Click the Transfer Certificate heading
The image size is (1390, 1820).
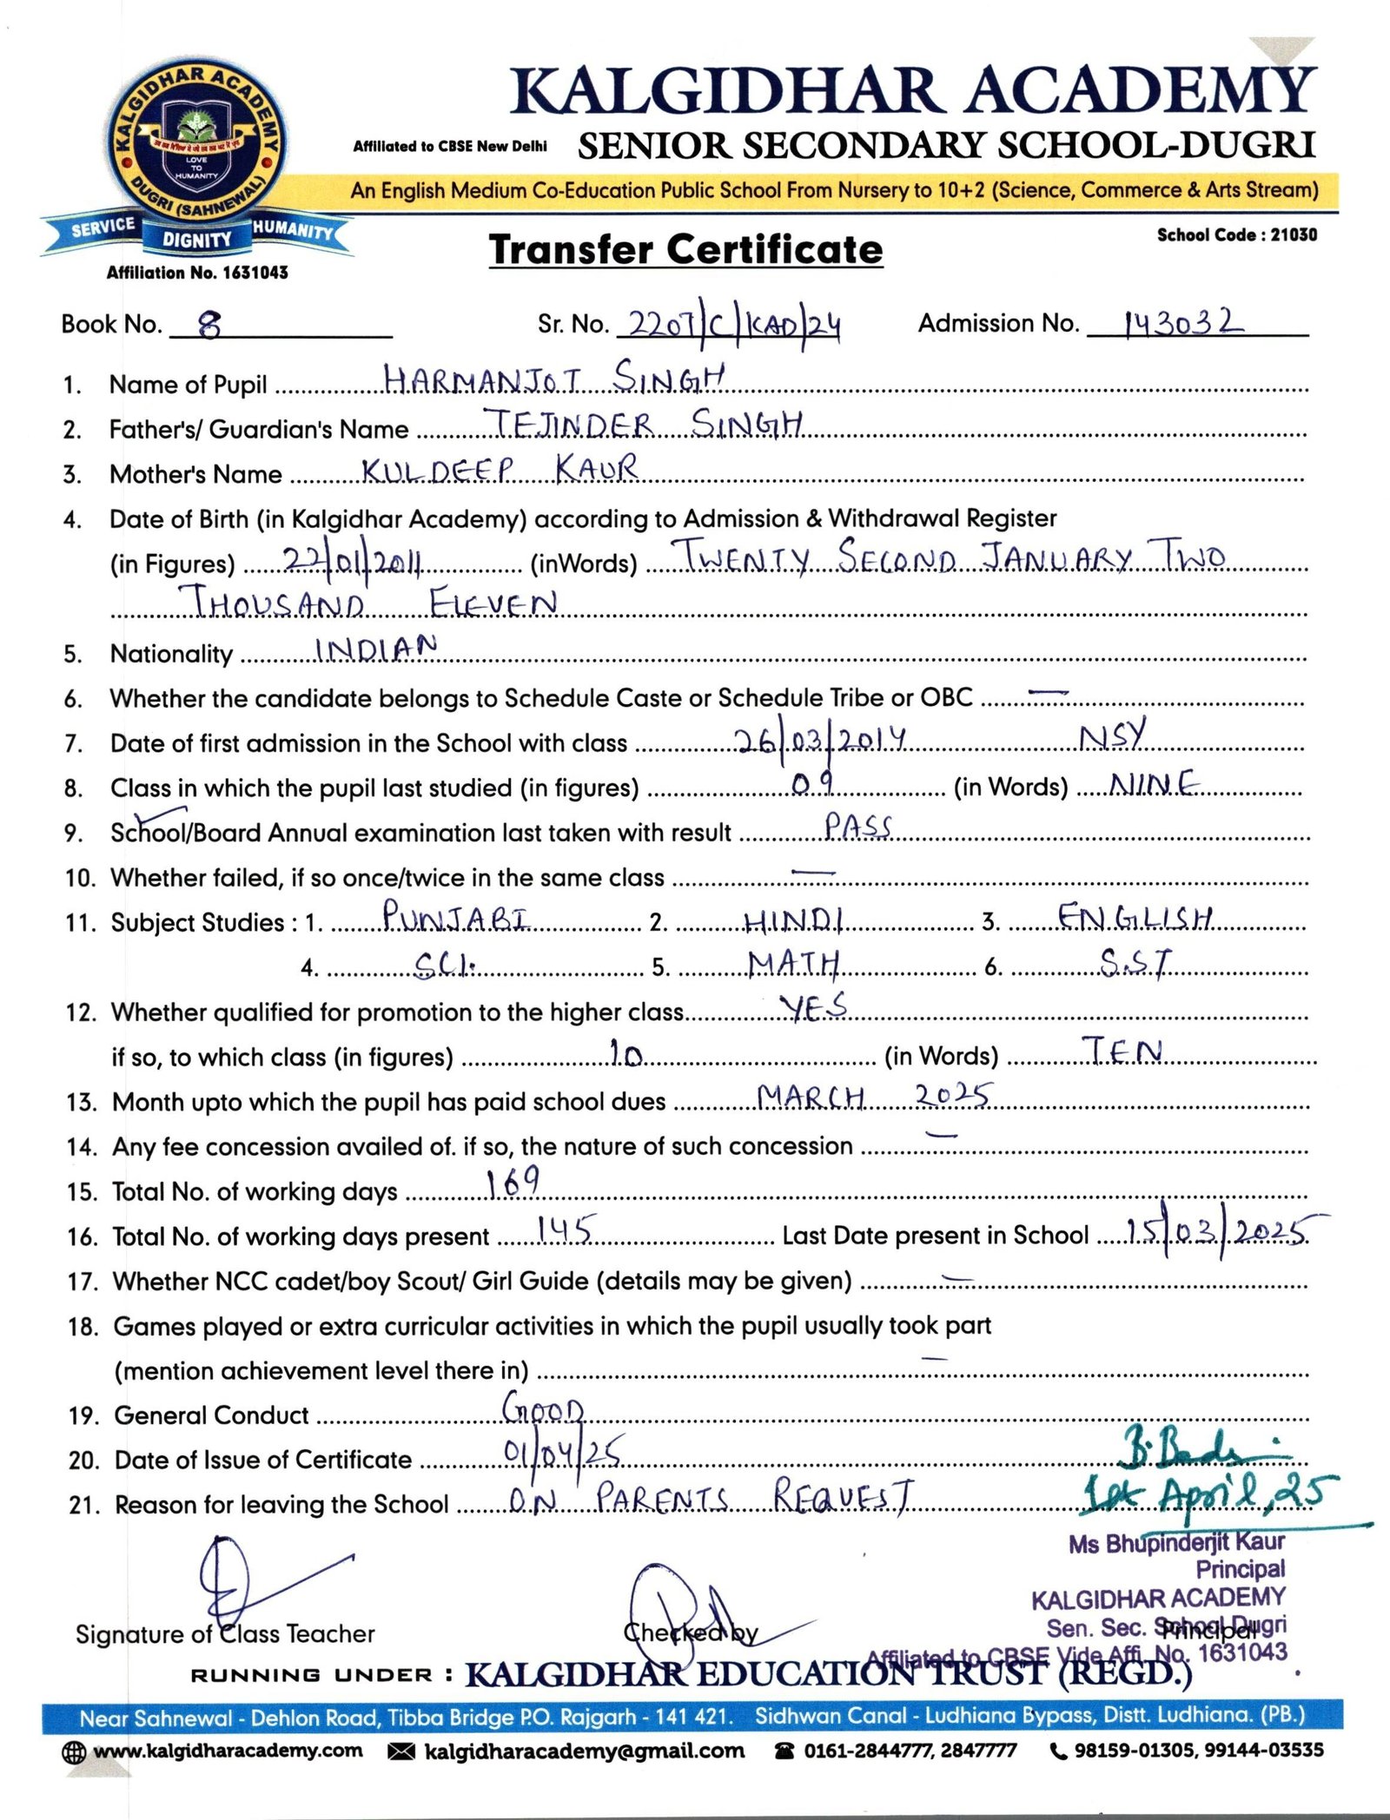tap(685, 250)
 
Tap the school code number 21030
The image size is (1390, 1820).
tap(1294, 234)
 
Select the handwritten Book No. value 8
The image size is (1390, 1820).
tap(209, 326)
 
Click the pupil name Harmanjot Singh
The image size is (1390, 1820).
tap(553, 379)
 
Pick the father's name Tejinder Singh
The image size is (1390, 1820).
tap(647, 424)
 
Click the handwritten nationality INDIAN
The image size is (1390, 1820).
tap(375, 648)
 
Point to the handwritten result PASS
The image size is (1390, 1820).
tap(858, 826)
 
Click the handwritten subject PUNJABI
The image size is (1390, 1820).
tap(456, 916)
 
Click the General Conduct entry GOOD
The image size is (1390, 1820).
tap(543, 1410)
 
